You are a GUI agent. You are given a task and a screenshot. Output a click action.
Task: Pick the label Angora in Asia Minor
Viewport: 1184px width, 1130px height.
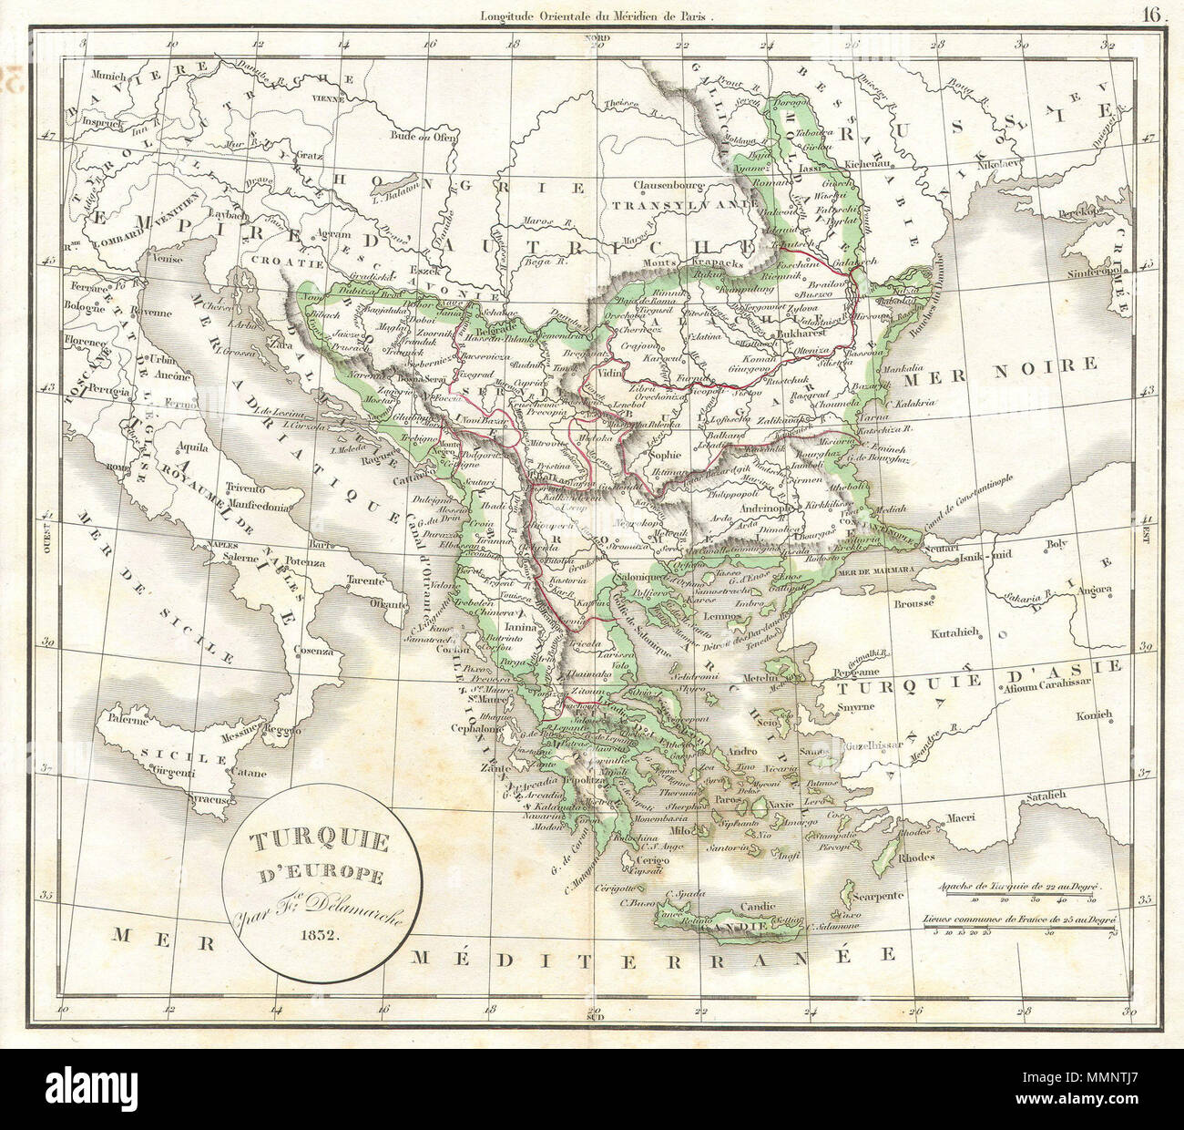coord(1093,590)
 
